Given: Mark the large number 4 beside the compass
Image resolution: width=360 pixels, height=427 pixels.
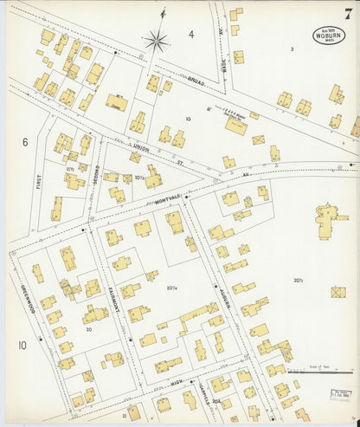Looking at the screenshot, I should click(x=192, y=36).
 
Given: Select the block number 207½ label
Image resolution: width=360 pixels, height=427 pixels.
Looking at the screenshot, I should click(x=298, y=280).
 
